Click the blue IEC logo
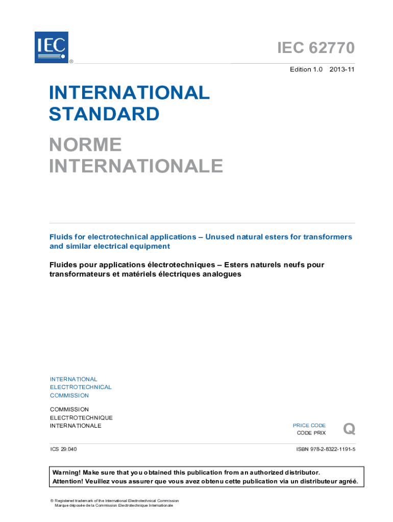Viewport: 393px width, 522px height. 51,47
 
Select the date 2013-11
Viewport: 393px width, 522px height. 342,70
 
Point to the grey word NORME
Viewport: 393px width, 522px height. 85,145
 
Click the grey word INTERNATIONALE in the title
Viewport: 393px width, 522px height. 136,166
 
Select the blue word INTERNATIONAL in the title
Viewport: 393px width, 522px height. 129,93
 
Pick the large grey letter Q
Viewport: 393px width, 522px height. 349,429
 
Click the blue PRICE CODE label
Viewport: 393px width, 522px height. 309,425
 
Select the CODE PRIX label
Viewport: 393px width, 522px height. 311,433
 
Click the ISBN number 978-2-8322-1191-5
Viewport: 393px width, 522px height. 326,450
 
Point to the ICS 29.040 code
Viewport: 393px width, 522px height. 63,450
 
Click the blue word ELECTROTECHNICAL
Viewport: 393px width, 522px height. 80,387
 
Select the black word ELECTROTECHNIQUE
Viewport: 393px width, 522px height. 81,418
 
